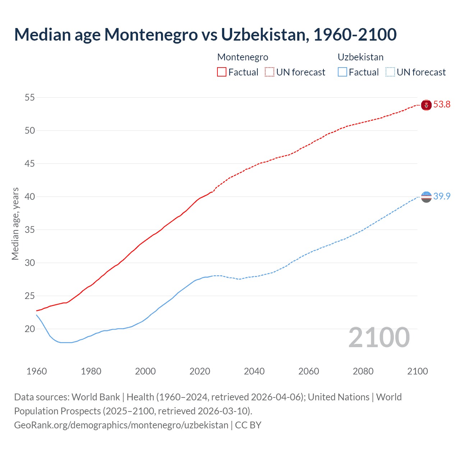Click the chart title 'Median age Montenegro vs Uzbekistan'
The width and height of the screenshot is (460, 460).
(x=205, y=34)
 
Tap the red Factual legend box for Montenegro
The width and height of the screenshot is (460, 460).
(x=222, y=72)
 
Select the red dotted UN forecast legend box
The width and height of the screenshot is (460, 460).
(x=270, y=72)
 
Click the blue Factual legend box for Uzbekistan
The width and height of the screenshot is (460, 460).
(x=342, y=72)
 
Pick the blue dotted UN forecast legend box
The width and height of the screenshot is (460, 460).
(x=390, y=72)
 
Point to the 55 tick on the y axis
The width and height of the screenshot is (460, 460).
(x=30, y=97)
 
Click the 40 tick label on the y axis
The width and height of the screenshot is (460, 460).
(x=30, y=197)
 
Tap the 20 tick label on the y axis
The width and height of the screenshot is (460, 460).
(x=30, y=329)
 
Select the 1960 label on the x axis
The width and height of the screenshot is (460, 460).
(x=37, y=371)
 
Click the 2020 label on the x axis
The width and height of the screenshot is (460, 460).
(x=200, y=371)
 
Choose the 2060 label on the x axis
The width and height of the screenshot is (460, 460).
(x=309, y=371)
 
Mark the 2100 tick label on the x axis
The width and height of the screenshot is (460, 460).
(x=418, y=371)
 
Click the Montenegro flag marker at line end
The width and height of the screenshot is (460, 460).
(x=426, y=105)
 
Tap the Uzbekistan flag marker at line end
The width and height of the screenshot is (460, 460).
(x=426, y=197)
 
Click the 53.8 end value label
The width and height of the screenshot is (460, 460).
(x=442, y=105)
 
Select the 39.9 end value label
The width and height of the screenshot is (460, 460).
(x=442, y=196)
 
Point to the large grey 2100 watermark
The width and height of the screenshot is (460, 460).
(x=379, y=337)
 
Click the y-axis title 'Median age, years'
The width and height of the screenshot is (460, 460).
(x=15, y=224)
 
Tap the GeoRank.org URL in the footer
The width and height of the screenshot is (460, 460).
(x=121, y=425)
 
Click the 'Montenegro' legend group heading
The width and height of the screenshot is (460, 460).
(x=243, y=57)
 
